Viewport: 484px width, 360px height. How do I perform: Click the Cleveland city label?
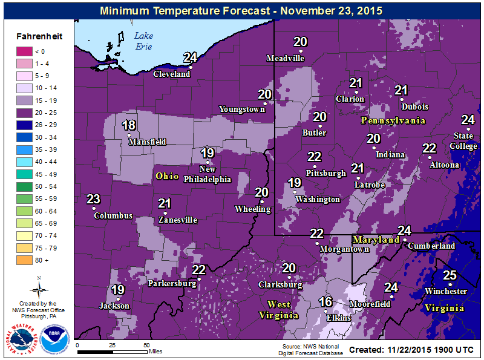[x=172, y=74]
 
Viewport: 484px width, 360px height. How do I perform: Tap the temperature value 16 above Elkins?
[x=325, y=302]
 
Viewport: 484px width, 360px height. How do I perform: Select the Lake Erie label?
[x=144, y=41]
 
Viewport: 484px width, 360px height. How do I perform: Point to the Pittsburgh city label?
[x=325, y=172]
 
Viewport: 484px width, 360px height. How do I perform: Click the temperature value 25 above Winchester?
[x=450, y=275]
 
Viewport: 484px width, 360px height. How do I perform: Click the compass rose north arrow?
[x=39, y=287]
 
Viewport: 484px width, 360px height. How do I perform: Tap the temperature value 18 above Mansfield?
[x=129, y=125]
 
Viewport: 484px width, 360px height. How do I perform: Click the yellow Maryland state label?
[x=376, y=240]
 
